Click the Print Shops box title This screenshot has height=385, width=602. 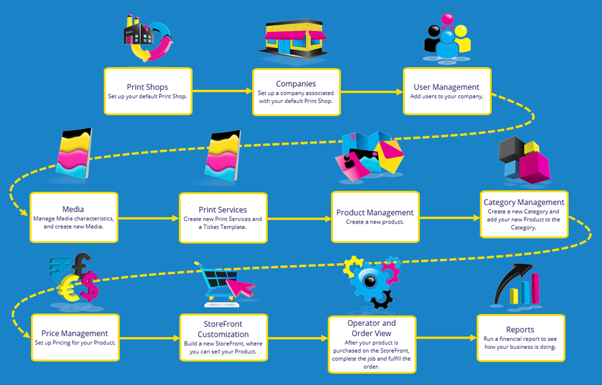147,87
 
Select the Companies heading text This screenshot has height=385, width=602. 296,84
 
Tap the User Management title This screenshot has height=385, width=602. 447,87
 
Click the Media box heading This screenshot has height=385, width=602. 73,209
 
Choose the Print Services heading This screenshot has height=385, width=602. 223,210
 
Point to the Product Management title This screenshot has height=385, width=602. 374,213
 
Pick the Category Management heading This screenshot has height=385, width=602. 524,202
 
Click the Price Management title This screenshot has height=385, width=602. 75,333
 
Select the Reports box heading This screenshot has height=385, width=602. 520,330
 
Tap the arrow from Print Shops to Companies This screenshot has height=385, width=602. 222,91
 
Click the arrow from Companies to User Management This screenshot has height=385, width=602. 371,92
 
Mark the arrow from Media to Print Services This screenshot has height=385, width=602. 147,218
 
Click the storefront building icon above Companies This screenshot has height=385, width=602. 296,39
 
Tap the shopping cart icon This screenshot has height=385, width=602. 226,281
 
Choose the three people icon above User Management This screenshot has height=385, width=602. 447,43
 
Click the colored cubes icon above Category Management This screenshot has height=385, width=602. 524,159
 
